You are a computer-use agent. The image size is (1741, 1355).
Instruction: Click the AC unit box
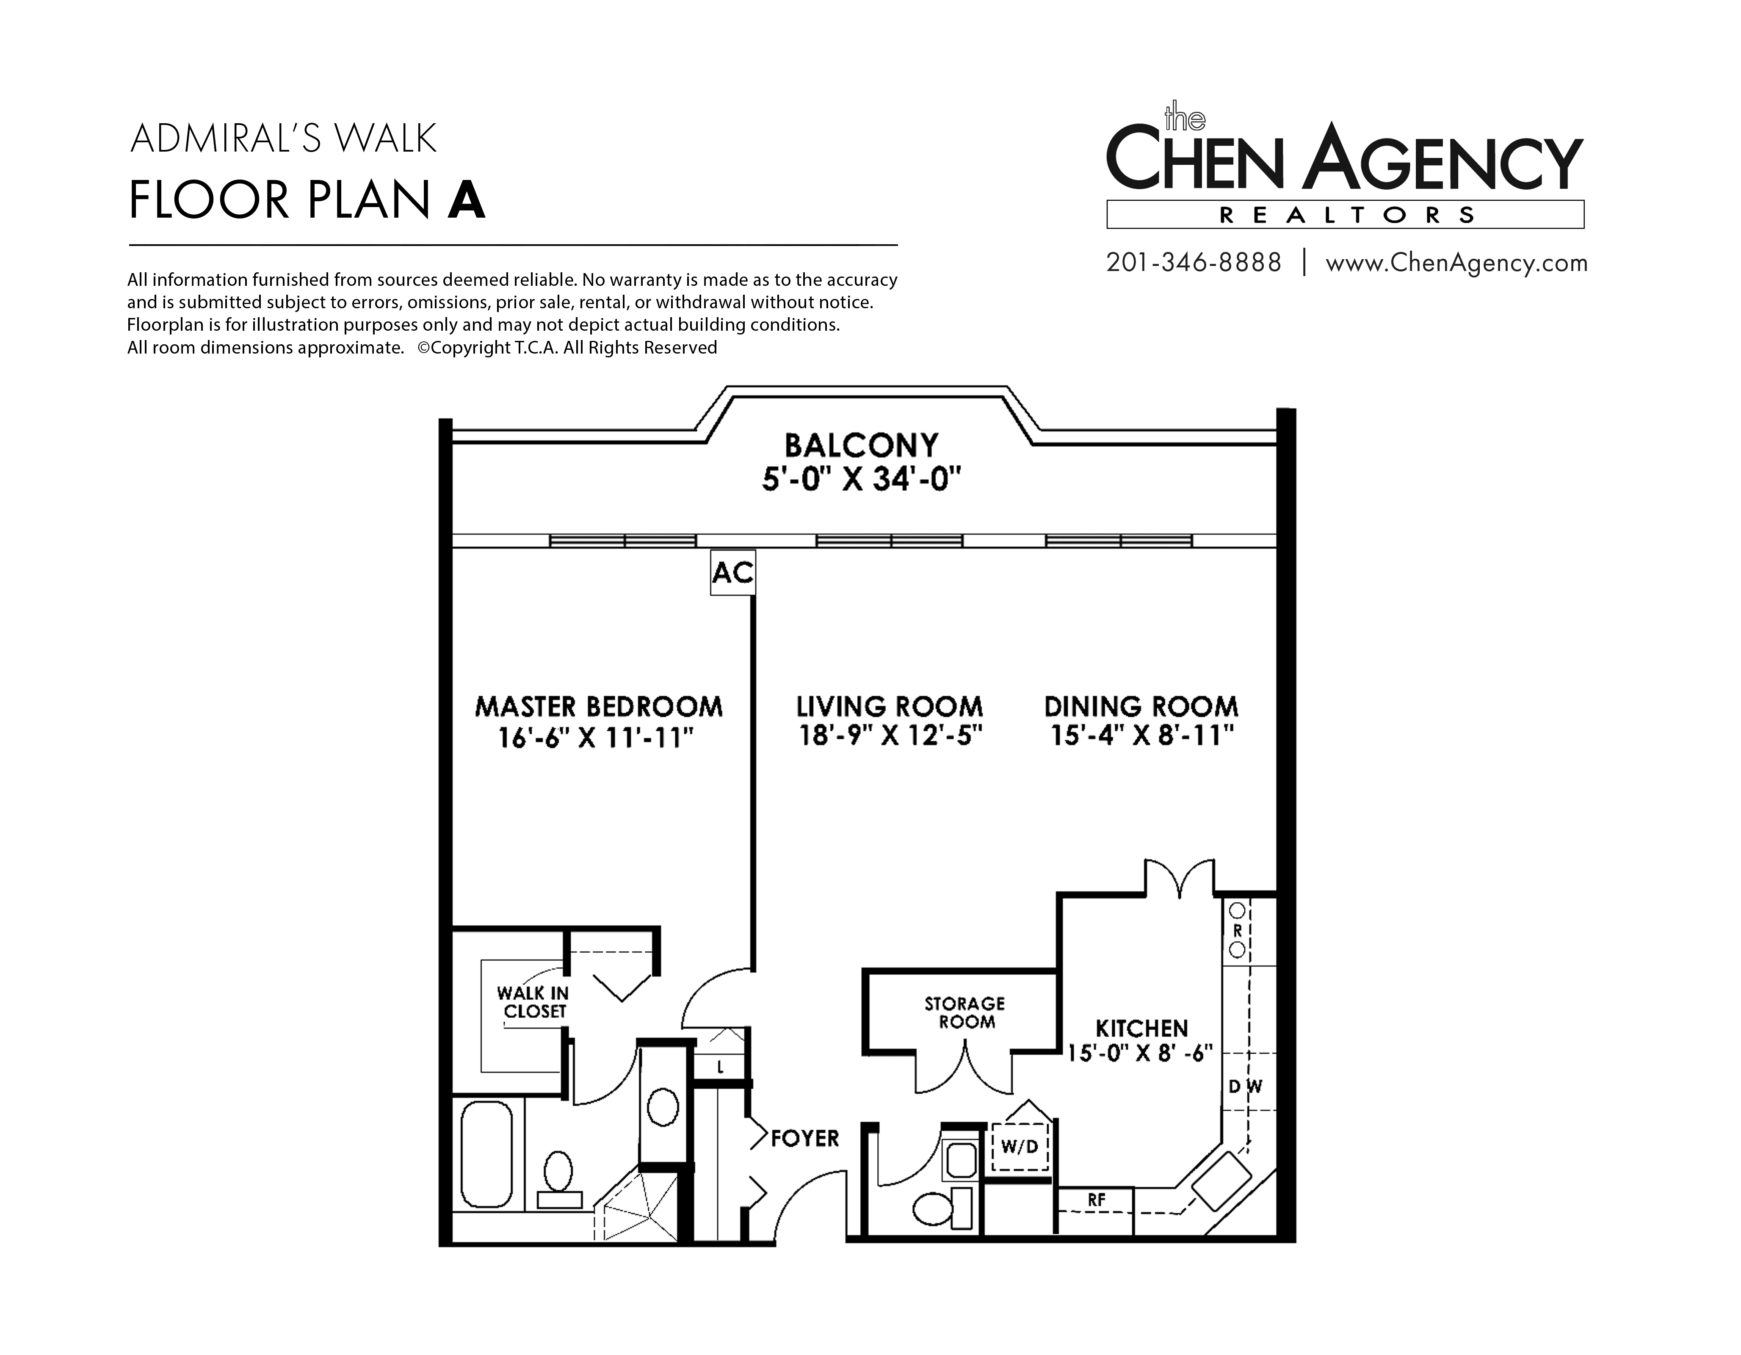(732, 572)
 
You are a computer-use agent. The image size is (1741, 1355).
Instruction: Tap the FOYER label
(805, 1138)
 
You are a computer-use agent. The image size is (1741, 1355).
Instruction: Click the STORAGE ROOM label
(965, 1012)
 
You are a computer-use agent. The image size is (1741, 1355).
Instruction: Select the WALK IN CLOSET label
(533, 1002)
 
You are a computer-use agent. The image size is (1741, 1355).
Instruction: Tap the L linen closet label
(720, 1067)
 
